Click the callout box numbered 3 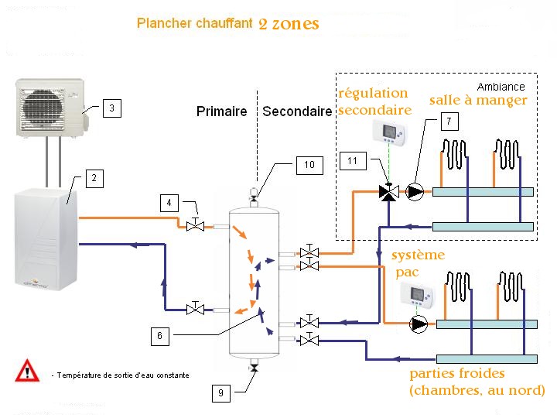point(111,109)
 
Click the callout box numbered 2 point(94,179)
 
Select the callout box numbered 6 point(159,336)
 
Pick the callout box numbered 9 point(220,393)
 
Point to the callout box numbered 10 point(309,164)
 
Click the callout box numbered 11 point(352,161)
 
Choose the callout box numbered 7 point(449,121)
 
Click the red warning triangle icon point(28,371)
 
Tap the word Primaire point(221,111)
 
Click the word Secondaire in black point(296,111)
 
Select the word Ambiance point(501,87)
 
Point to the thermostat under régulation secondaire point(388,132)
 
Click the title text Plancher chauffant point(194,23)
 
